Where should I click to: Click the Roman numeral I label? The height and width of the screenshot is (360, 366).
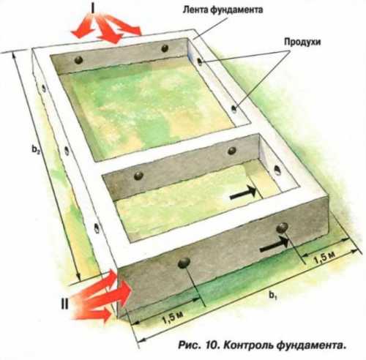click(93, 8)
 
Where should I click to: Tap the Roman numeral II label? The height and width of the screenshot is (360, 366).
click(64, 304)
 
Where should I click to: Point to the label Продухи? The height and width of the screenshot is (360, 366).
click(302, 42)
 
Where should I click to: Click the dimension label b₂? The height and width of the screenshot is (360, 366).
click(36, 149)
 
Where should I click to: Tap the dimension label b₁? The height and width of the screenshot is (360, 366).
click(273, 296)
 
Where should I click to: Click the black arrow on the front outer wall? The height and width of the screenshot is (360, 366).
click(274, 244)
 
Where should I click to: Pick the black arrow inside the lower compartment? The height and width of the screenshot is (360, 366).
click(243, 192)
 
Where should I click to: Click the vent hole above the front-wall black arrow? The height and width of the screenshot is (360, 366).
click(283, 228)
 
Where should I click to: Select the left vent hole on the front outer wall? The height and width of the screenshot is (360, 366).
click(184, 263)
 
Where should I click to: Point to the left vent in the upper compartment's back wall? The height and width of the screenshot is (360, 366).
click(78, 60)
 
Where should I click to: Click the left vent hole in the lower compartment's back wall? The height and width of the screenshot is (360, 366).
click(138, 175)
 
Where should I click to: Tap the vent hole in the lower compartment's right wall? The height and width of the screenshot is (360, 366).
click(277, 170)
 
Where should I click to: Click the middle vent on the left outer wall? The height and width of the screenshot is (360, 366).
click(67, 151)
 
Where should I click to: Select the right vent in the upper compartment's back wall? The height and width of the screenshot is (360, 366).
click(165, 48)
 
